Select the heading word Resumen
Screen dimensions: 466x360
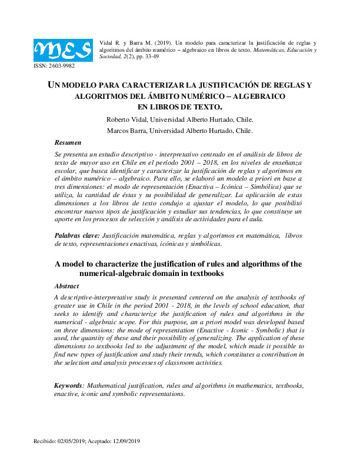[68, 143]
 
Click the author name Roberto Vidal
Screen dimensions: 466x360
[142, 119]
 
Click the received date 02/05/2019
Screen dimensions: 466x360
[70, 441]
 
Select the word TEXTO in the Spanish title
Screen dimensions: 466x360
[207, 106]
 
